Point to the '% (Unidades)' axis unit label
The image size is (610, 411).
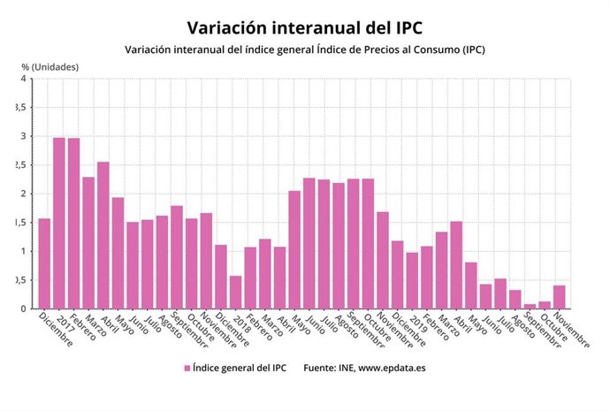pos(50,66)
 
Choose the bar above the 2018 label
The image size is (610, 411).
pos(236,292)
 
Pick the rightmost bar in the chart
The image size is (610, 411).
pos(560,297)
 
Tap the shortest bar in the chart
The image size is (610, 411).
pos(530,307)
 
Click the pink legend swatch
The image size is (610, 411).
pos(187,367)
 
